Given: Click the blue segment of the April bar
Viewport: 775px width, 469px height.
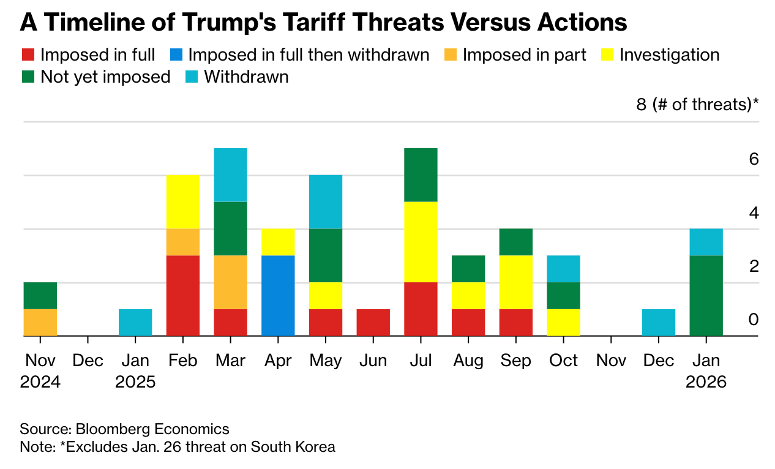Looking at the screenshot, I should [x=278, y=296].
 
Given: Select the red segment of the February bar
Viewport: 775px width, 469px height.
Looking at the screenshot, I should [x=183, y=296].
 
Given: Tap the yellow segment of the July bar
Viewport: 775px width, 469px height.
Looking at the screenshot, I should [x=421, y=242].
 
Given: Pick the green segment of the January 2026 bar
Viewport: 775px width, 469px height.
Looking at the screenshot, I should [x=706, y=296].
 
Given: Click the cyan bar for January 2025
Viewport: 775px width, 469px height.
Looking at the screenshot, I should [x=135, y=323].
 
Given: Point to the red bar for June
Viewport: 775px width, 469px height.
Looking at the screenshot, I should [x=373, y=323].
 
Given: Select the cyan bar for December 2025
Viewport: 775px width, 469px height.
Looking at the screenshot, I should [x=659, y=323].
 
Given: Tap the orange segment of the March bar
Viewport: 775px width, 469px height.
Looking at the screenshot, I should [x=230, y=282].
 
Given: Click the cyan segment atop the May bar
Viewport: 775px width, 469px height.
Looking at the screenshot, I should [x=326, y=202].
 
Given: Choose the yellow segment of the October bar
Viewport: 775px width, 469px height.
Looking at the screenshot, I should [x=563, y=323].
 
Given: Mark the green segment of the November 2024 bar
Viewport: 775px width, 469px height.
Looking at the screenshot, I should [x=40, y=296].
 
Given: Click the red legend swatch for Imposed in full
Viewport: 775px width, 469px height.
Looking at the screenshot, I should [x=28, y=55].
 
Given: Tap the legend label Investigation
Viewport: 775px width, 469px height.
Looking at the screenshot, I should [x=669, y=55].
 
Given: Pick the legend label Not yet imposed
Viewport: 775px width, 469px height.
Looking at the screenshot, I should [x=105, y=77].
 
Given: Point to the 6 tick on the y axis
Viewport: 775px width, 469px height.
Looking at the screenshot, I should [x=754, y=159].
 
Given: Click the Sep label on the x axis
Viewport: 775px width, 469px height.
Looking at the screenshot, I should [x=515, y=361].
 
